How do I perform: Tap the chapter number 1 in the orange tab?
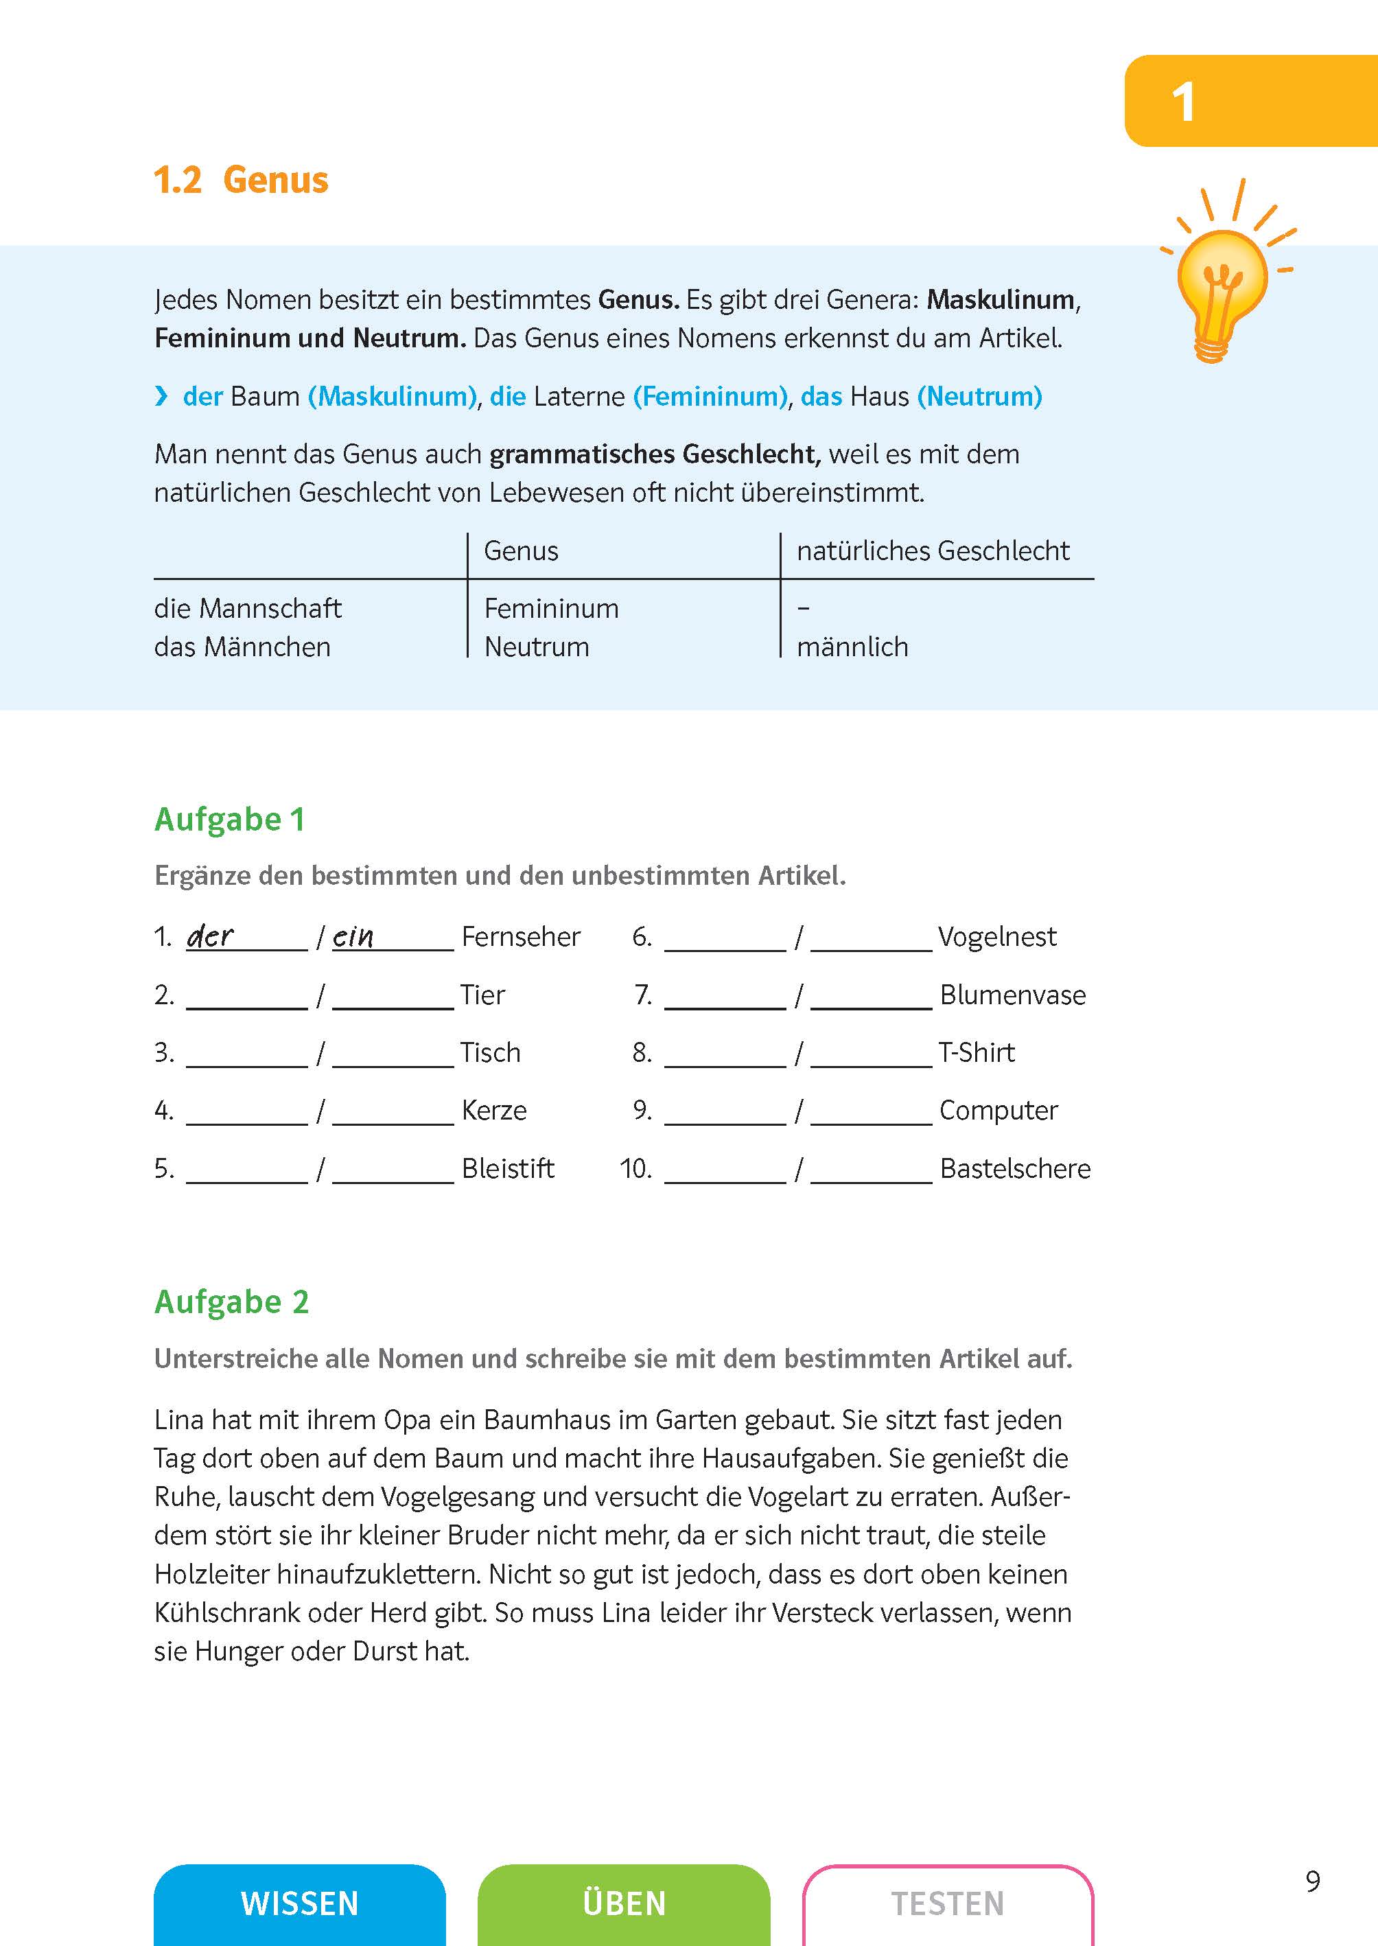[1183, 104]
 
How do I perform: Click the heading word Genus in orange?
[275, 181]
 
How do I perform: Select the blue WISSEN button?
[299, 1903]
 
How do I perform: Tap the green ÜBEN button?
[624, 1903]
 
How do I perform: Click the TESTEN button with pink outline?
[948, 1903]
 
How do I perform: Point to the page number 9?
[1313, 1881]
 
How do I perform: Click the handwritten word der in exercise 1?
[209, 936]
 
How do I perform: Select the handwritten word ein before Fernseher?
[353, 937]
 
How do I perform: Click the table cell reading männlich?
[852, 647]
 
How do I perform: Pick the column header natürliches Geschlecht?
[933, 551]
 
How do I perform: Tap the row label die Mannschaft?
[247, 608]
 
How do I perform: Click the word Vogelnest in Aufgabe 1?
[997, 937]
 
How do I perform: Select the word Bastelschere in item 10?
[1015, 1168]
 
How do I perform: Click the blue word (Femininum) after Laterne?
[711, 396]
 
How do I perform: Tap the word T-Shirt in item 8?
[977, 1052]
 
